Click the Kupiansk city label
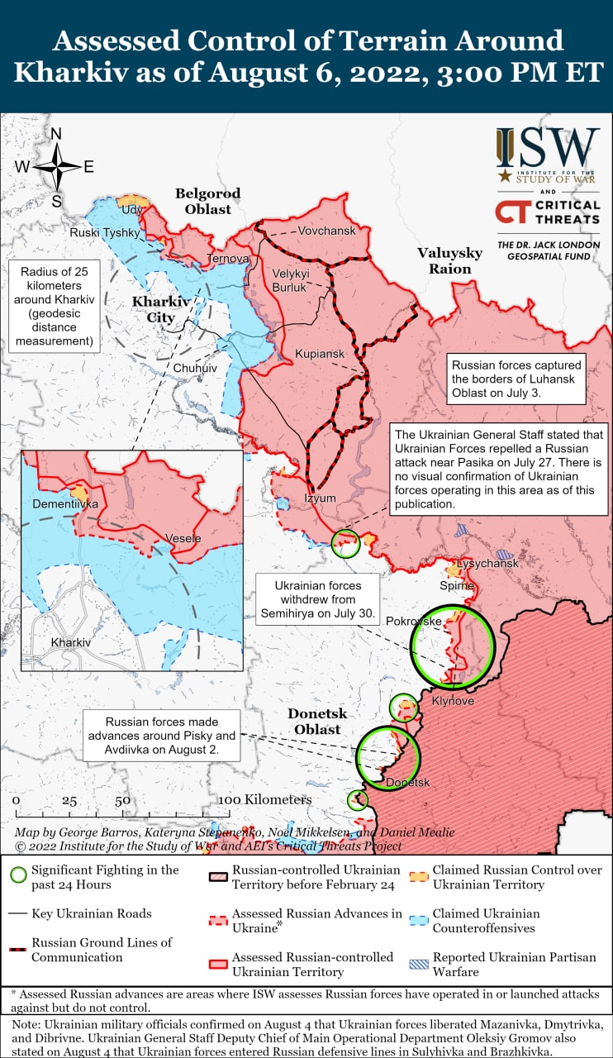point(320,354)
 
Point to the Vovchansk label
point(326,231)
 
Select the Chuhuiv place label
point(195,367)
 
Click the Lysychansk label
point(487,564)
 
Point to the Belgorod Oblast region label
point(207,201)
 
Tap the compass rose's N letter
point(56,135)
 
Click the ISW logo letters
point(548,148)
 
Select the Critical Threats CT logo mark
point(511,212)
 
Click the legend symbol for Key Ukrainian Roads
point(17,913)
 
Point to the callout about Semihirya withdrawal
point(317,599)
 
